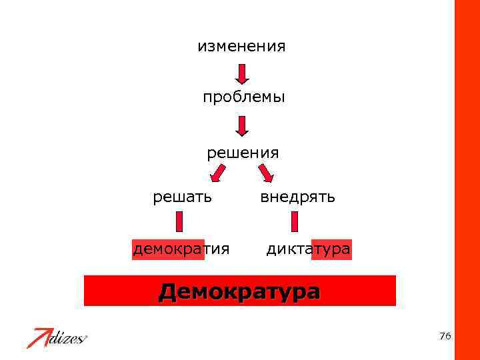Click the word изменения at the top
[x=241, y=47]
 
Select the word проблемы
[x=244, y=97]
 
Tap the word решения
[x=243, y=153]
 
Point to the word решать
[x=183, y=197]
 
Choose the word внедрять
[x=297, y=197]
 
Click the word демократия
[x=181, y=249]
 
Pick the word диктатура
[x=308, y=249]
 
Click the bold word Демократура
[x=239, y=291]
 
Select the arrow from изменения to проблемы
[x=242, y=73]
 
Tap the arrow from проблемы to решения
[x=242, y=125]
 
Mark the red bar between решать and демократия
[x=179, y=223]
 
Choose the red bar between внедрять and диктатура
[x=295, y=223]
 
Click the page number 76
[x=445, y=336]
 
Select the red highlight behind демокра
[x=167, y=249]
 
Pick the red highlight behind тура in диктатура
[x=331, y=249]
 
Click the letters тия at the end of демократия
[x=217, y=249]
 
